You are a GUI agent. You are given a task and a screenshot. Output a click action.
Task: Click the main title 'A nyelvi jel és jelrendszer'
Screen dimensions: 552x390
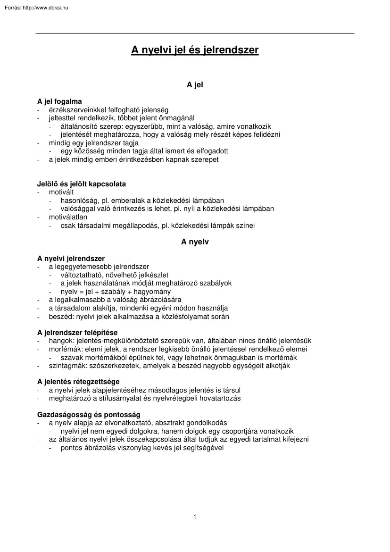click(x=195, y=50)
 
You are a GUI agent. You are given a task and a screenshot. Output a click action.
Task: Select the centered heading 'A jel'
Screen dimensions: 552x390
click(x=195, y=85)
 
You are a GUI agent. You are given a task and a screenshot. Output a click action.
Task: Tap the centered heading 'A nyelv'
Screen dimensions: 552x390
click(x=195, y=242)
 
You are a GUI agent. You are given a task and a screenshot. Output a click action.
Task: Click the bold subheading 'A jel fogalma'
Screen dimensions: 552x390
click(x=59, y=101)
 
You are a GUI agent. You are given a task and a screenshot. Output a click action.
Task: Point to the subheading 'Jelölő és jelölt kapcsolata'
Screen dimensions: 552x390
click(x=81, y=184)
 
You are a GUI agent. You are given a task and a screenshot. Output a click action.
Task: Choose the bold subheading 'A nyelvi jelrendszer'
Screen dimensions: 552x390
click(x=71, y=259)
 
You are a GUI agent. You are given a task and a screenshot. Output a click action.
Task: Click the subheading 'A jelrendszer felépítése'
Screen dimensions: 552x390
click(x=77, y=333)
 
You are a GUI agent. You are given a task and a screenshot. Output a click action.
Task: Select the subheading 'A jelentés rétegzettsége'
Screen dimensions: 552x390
click(x=78, y=382)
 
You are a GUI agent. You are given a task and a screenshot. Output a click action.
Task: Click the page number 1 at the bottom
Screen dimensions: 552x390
click(x=195, y=517)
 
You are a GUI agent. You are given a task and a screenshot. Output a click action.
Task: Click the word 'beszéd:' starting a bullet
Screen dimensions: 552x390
click(x=60, y=317)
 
